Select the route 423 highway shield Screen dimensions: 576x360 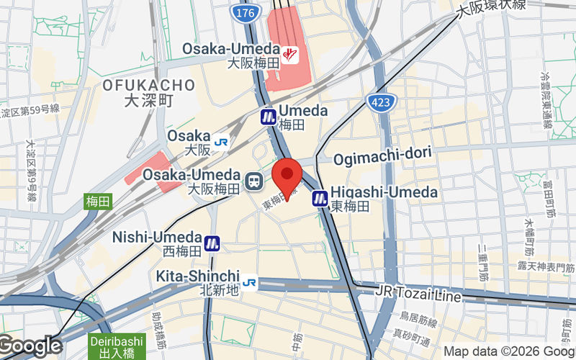(x=379, y=102)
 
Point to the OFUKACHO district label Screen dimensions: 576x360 (x=148, y=86)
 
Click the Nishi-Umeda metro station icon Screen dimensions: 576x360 (x=212, y=243)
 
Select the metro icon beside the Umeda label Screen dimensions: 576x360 (x=269, y=117)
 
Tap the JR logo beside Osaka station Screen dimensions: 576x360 (x=221, y=142)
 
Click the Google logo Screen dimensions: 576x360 (x=30, y=346)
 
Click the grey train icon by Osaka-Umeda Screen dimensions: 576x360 (x=253, y=182)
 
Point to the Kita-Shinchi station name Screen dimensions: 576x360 (x=197, y=276)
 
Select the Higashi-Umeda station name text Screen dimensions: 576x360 (x=384, y=192)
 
